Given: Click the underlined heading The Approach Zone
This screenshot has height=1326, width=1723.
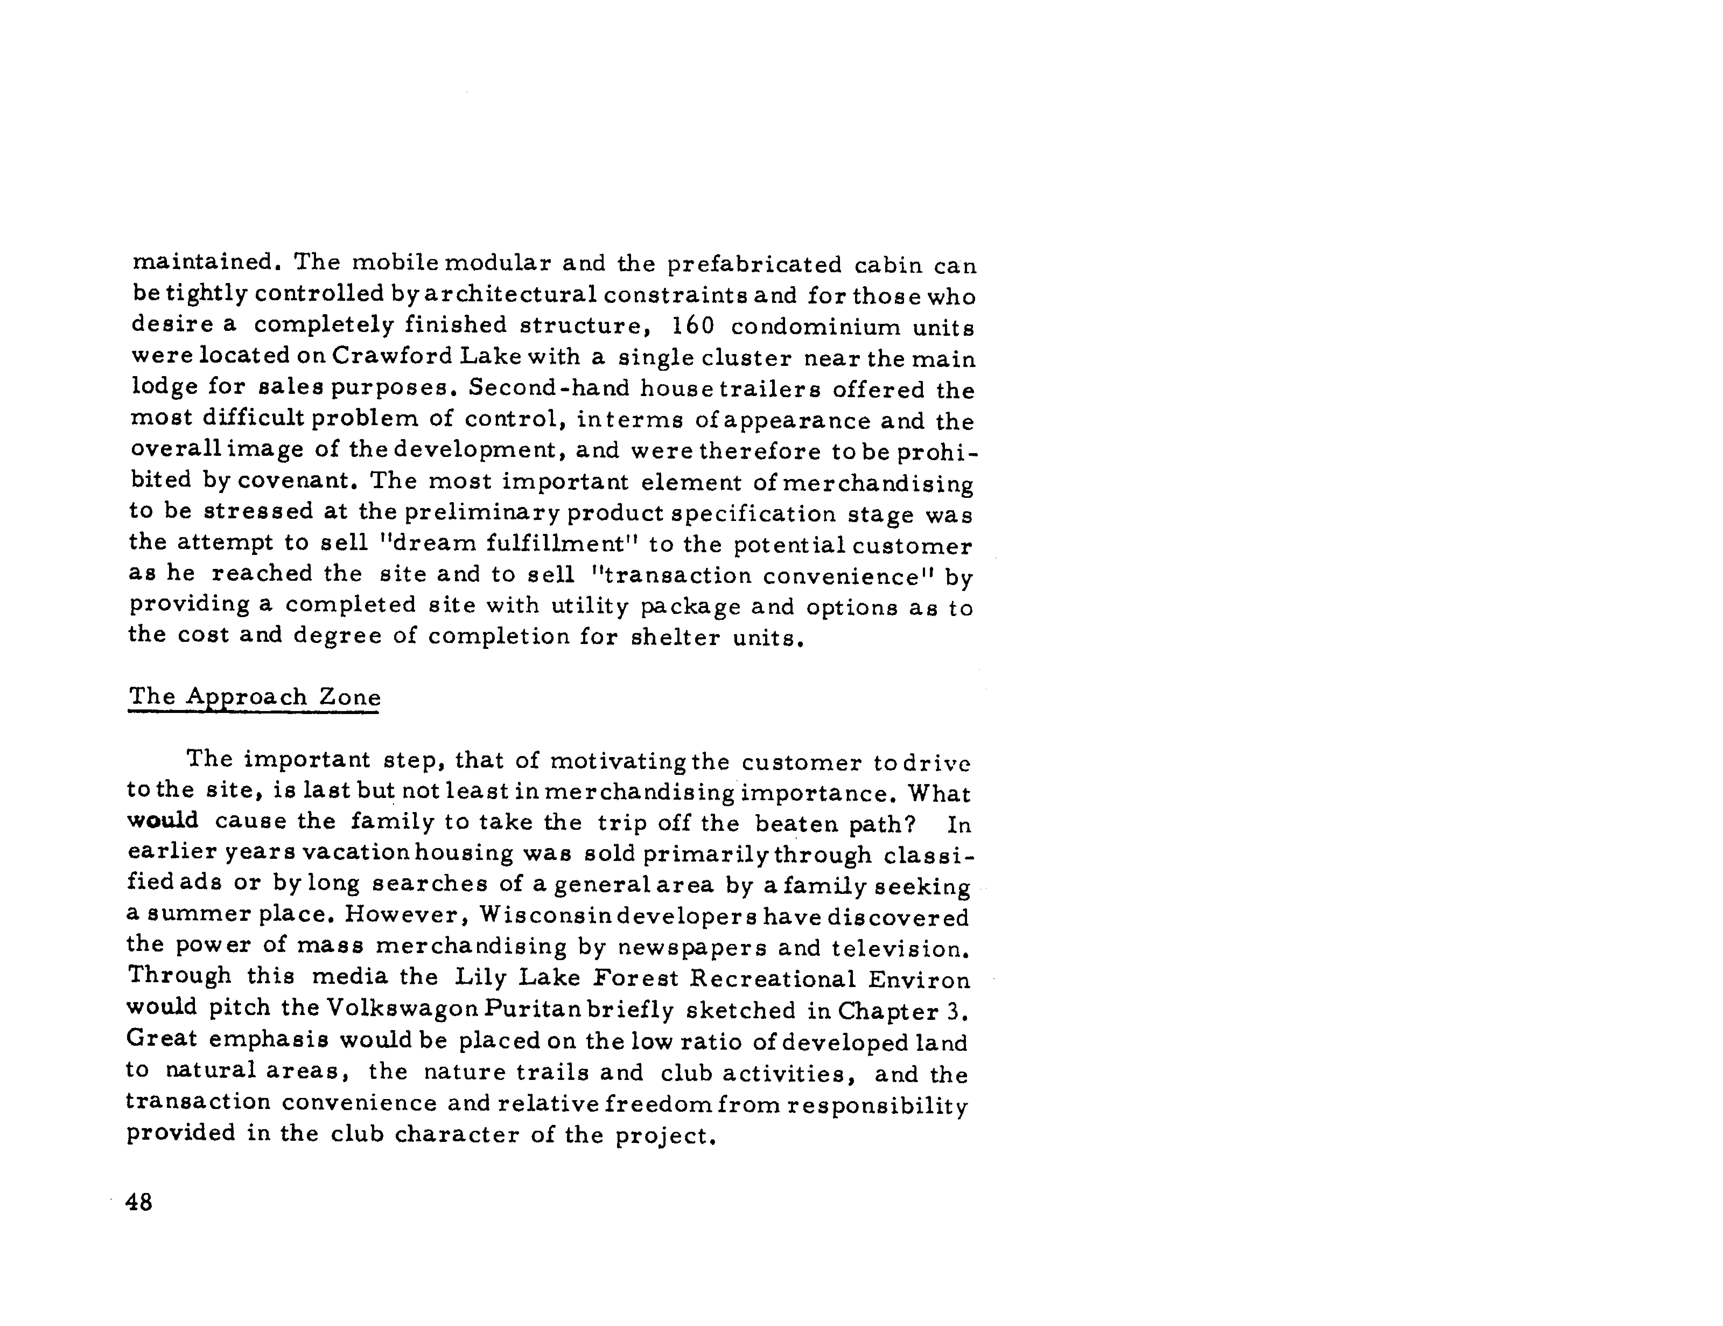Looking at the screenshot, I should click(254, 697).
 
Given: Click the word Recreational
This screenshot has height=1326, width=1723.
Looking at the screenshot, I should click(773, 979).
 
